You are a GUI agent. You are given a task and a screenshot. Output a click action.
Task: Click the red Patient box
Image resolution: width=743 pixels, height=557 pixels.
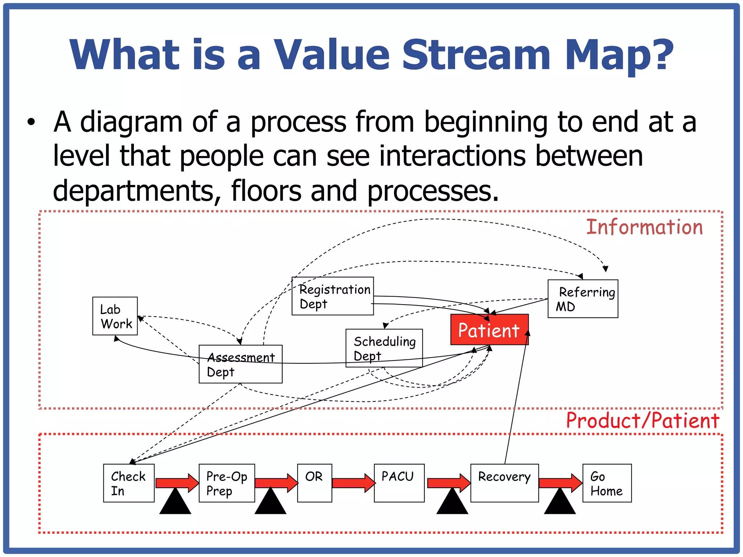(489, 330)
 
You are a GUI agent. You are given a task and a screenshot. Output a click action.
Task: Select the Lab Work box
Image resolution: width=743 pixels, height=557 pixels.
(115, 316)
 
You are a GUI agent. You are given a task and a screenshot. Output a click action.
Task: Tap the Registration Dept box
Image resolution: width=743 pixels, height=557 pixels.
(333, 296)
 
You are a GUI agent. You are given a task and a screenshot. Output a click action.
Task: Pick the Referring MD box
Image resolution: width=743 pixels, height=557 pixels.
(583, 299)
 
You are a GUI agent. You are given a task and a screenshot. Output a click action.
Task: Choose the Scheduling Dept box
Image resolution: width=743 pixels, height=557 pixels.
(384, 348)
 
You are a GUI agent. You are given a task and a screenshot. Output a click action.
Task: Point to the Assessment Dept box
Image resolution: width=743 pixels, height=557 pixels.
(241, 364)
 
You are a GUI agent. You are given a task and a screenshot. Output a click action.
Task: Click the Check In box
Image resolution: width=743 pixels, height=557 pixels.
(129, 483)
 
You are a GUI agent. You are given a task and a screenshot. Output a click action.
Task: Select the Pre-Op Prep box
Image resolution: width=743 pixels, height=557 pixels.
(227, 483)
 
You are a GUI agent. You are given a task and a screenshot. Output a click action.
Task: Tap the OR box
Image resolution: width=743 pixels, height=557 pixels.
(315, 483)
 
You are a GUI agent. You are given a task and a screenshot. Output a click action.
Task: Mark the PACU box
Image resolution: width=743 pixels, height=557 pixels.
(399, 483)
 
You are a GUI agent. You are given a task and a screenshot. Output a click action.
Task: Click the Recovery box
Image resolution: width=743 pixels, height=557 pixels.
(504, 483)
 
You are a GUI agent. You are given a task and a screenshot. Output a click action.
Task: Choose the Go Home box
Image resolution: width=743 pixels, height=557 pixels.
(607, 483)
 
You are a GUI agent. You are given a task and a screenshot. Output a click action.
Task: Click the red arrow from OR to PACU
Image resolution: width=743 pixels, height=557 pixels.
(353, 483)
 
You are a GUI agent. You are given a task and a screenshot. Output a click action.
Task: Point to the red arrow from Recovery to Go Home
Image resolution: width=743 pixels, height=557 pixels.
(560, 483)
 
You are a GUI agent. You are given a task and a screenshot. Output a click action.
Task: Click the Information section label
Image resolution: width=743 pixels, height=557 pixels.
(644, 227)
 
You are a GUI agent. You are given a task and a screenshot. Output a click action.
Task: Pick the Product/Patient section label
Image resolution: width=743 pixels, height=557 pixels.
(643, 421)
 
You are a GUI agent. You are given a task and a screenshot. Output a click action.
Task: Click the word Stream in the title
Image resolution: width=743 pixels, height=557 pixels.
(476, 55)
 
